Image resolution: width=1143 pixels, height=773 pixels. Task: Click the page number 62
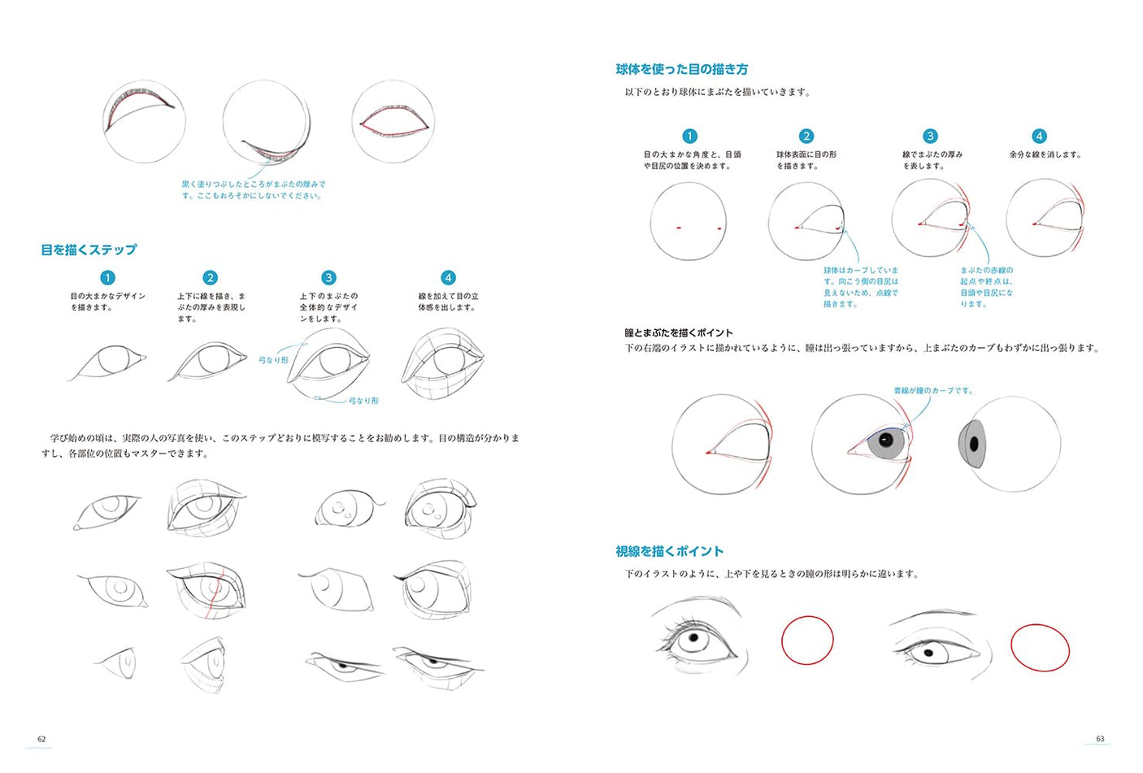41,739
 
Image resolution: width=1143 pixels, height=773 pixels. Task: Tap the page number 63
1100,739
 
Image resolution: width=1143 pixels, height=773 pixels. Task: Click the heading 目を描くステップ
89,250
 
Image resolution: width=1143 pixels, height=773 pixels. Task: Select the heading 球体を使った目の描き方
681,69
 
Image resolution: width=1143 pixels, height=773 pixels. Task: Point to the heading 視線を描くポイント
669,551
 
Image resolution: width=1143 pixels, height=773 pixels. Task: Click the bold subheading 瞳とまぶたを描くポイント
678,332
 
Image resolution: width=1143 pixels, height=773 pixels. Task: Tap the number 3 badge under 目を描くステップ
328,278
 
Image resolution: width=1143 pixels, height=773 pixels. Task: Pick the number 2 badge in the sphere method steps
806,136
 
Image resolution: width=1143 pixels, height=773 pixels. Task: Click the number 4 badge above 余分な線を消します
1038,136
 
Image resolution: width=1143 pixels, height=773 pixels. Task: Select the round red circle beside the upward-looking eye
807,640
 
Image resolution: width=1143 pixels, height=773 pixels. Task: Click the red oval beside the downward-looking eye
1040,647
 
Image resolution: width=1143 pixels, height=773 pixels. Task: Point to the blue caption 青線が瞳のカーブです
932,390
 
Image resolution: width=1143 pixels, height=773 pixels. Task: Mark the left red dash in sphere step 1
678,228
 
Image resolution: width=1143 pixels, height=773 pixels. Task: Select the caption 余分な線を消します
1045,154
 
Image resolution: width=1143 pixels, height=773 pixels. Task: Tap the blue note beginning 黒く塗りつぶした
253,189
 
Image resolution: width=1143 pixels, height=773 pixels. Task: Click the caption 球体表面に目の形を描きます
806,160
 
